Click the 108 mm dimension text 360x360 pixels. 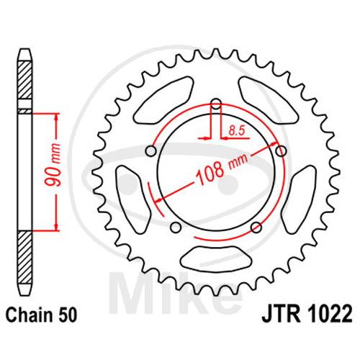221,170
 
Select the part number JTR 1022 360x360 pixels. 307,313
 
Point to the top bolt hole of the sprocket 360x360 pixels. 217,104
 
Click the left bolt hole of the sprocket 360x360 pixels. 151,151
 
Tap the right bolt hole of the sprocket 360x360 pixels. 281,151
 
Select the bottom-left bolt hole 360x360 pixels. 176,227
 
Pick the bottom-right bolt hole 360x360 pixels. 256,227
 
